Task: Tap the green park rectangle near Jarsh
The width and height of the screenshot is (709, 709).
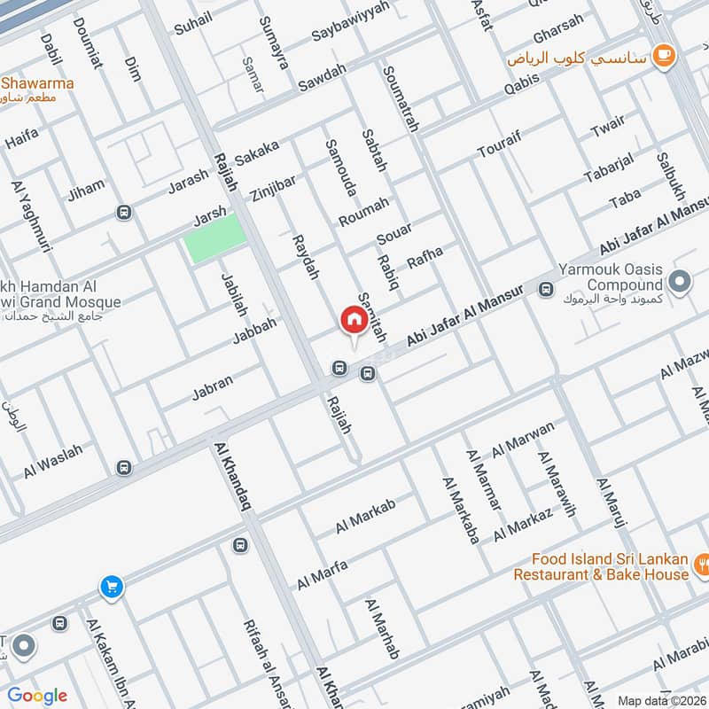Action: [x=214, y=238]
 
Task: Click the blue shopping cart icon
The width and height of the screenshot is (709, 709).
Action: [x=111, y=586]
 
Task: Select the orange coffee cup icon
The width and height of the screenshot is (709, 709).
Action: [x=662, y=56]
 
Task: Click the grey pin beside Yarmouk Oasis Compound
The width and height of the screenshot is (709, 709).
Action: [x=680, y=283]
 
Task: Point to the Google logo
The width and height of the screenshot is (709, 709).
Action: [x=37, y=696]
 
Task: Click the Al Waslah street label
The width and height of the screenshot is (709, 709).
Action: [x=53, y=462]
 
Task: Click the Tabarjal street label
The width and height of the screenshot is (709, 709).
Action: [x=610, y=165]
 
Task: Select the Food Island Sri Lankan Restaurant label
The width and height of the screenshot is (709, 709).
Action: [x=610, y=567]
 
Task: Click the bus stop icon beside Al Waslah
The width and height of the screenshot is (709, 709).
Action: [x=123, y=467]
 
